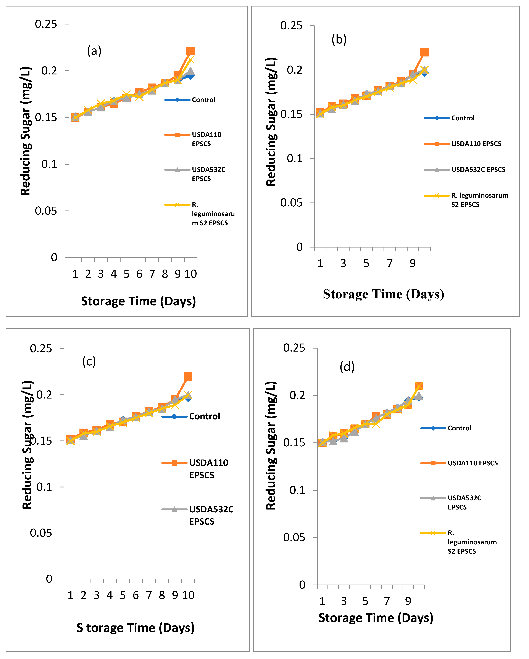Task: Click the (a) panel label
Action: [94, 51]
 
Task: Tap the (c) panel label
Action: [89, 362]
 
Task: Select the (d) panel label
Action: [347, 367]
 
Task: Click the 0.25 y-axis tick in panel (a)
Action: [46, 24]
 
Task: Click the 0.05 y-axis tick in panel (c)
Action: [41, 533]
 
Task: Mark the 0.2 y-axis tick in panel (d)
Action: [297, 395]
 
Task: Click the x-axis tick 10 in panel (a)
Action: [190, 274]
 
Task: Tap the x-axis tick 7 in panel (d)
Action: [387, 601]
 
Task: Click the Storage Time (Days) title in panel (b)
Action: [383, 294]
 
